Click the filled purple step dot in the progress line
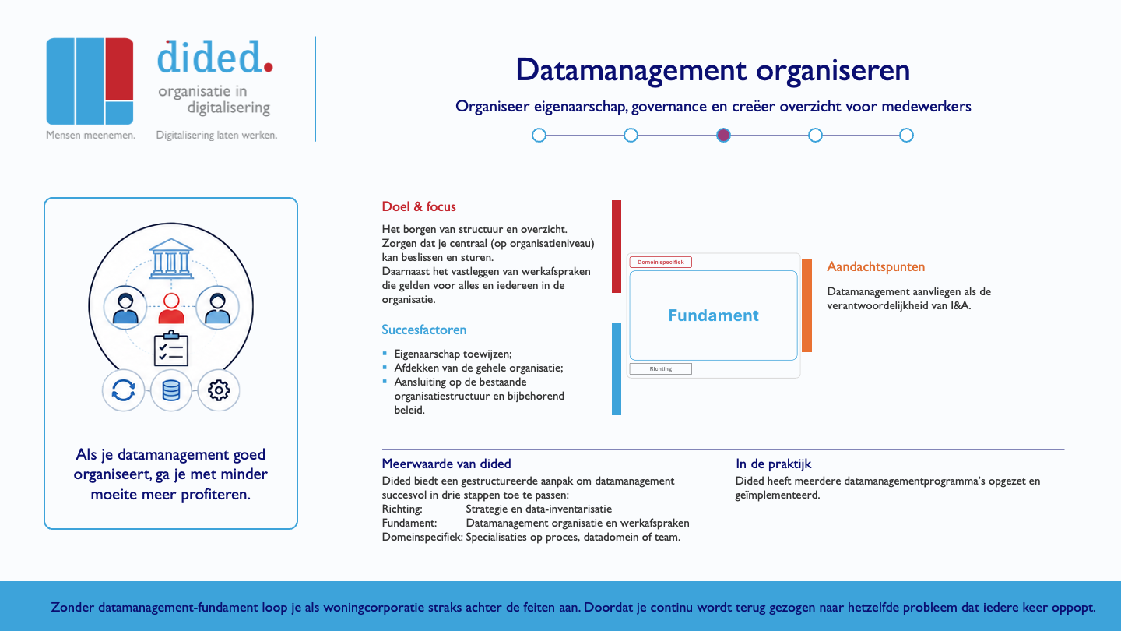(x=723, y=136)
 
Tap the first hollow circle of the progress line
(x=539, y=136)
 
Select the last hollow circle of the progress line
(x=906, y=136)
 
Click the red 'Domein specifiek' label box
(x=661, y=262)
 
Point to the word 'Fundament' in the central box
(x=713, y=315)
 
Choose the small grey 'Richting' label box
(x=661, y=368)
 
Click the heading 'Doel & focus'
(x=419, y=206)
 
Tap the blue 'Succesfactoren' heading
(x=423, y=330)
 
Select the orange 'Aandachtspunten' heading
(x=876, y=266)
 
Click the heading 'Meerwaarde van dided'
(x=446, y=464)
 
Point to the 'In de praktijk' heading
(x=773, y=464)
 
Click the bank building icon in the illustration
(x=171, y=259)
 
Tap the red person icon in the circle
(x=171, y=308)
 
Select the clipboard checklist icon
(x=171, y=348)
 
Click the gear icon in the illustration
(x=219, y=390)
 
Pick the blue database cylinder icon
(x=171, y=390)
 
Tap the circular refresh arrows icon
(x=123, y=390)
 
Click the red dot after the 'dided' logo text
(x=269, y=67)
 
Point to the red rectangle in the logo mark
(x=119, y=69)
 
